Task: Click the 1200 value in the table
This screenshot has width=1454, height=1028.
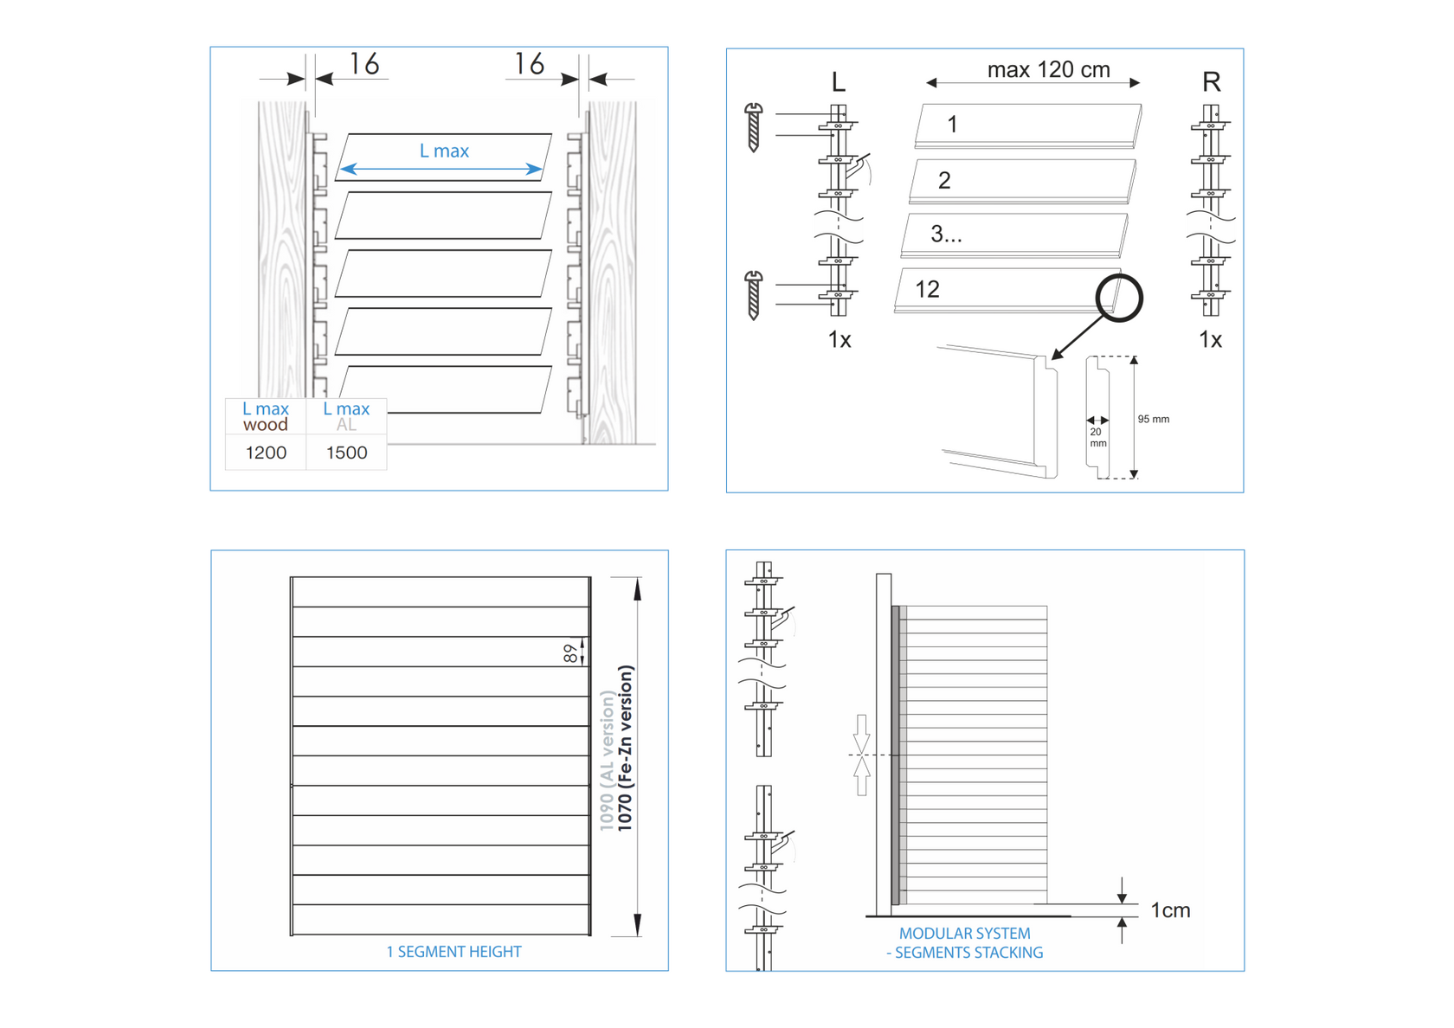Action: pos(266,453)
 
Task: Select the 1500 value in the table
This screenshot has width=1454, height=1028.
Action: pos(346,453)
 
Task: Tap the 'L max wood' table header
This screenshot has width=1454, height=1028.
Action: pos(266,416)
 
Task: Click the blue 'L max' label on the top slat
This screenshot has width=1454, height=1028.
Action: pos(444,151)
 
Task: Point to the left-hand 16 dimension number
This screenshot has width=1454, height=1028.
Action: pos(364,64)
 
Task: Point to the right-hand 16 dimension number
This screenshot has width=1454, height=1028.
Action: pos(529,64)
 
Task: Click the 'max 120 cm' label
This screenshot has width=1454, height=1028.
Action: pos(1048,70)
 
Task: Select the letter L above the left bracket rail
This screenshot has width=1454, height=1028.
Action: pos(838,82)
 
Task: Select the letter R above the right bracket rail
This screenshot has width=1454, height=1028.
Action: pos(1211,82)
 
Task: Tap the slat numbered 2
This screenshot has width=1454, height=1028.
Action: pos(1021,180)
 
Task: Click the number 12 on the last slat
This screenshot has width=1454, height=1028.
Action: pos(927,289)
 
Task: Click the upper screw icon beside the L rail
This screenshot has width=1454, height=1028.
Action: pos(754,127)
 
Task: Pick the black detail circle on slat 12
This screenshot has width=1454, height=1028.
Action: pos(1119,298)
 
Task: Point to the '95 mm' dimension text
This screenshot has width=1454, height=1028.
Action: pos(1153,419)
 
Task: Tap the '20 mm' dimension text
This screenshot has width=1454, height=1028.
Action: pos(1097,437)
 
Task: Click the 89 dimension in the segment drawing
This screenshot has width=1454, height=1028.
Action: pos(570,653)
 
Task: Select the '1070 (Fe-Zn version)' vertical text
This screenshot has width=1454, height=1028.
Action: pos(626,749)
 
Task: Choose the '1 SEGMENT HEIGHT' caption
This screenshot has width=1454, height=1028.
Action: pos(454,952)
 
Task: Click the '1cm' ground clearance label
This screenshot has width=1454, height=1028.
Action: pos(1170,910)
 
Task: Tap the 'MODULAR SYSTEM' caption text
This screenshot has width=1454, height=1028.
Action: pos(964,934)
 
